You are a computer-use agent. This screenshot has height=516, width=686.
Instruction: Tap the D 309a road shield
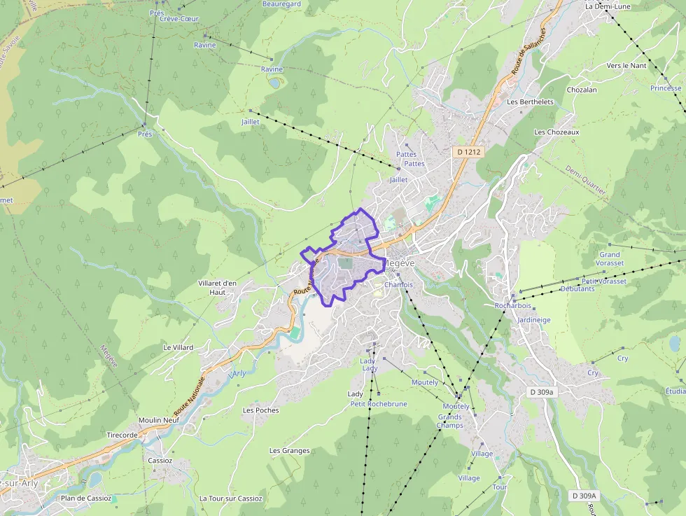pos(541,393)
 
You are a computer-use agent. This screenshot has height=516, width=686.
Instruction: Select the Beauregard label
pos(281,4)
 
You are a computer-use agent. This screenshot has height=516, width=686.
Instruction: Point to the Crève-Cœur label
pos(180,18)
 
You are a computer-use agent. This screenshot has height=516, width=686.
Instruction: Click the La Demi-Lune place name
pos(608,6)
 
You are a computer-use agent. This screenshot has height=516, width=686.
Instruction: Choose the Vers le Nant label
pos(626,65)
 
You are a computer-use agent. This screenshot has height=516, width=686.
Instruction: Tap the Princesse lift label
pos(666,88)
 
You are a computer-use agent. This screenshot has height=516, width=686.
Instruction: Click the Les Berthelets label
pos(530,102)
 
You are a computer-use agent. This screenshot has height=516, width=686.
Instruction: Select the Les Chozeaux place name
pos(556,132)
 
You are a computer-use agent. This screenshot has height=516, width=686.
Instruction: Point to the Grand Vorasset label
pos(610,259)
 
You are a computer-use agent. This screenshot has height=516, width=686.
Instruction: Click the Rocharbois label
pos(513,306)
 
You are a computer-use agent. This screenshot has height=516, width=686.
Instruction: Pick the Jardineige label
pos(534,320)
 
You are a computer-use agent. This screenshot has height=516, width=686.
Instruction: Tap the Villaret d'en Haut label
pos(218,288)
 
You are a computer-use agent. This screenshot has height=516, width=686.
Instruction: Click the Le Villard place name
pos(178,347)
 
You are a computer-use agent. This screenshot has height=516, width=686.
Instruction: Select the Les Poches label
pos(260,410)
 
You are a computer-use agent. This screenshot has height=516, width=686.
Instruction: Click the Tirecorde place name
pos(122,435)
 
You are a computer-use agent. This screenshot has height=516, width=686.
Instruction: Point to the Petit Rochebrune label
pos(378,404)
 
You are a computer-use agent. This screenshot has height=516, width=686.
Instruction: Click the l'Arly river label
pos(238,374)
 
